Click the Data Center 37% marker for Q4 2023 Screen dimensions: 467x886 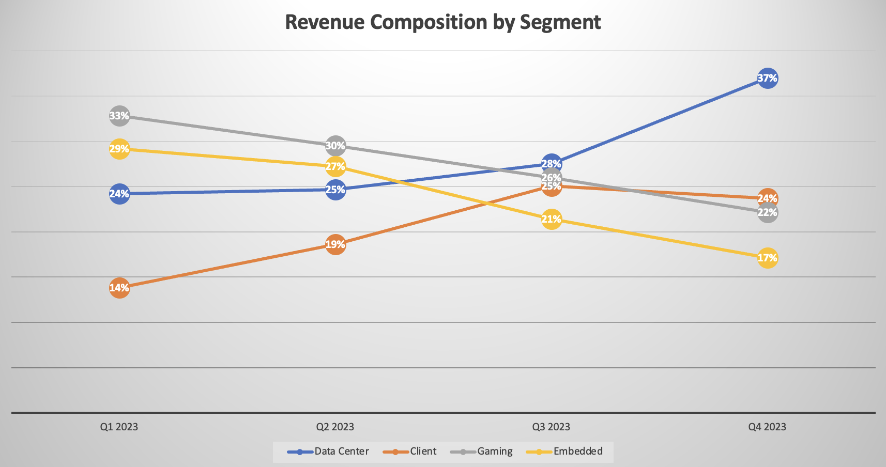pos(767,79)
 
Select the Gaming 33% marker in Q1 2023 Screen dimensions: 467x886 pos(119,116)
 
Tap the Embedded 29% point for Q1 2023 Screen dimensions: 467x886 pos(119,149)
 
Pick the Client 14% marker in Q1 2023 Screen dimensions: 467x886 pos(119,288)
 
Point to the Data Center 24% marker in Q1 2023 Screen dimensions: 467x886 pos(119,194)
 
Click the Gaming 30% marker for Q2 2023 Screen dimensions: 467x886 pos(335,146)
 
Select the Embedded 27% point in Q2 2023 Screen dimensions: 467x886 pos(335,166)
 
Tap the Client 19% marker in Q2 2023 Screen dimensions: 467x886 pos(335,244)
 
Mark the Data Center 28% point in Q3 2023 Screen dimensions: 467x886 pos(552,163)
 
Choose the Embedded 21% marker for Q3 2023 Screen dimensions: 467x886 pos(552,219)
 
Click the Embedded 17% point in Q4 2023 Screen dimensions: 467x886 pos(767,258)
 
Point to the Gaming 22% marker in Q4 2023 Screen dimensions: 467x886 pos(767,213)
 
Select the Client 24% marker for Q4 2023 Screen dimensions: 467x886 pos(767,198)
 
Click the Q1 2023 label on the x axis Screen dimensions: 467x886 pos(119,427)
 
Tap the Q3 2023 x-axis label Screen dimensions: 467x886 pos(552,427)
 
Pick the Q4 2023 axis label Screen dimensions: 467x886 pos(767,427)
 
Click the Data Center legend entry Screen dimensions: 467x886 pos(341,451)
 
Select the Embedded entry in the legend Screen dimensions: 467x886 pos(577,451)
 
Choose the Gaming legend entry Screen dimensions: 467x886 pos(494,451)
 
